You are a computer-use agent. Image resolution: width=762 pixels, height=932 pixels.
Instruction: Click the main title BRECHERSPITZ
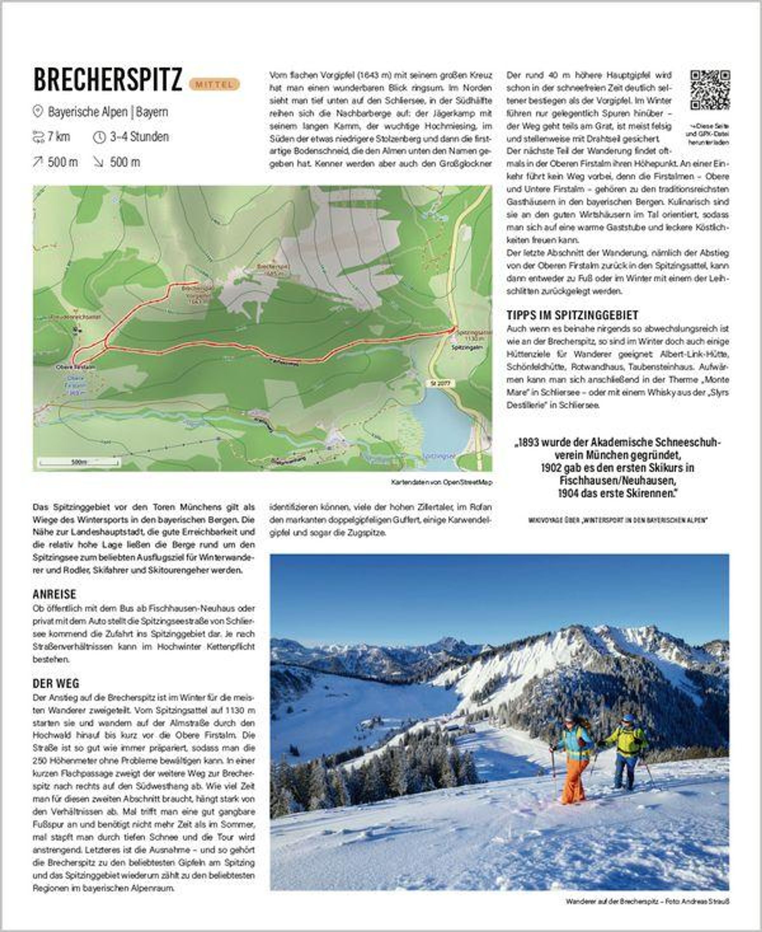pos(108,80)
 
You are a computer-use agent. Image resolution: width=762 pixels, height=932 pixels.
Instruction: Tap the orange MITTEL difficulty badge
pos(214,84)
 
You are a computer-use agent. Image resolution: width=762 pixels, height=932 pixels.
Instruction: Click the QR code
pos(709,90)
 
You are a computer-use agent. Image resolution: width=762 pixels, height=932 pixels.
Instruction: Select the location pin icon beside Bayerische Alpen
pos(38,111)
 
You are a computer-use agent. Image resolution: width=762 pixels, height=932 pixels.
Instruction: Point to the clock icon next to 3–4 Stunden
pos(99,137)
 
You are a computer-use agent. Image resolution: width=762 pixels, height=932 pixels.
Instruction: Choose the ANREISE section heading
pos(54,594)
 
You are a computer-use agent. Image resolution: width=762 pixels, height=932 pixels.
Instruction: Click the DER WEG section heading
pos(56,683)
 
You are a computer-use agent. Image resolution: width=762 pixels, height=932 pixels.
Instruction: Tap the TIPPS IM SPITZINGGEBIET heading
pos(572,315)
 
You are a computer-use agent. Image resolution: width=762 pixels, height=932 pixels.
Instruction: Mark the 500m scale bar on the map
pos(79,462)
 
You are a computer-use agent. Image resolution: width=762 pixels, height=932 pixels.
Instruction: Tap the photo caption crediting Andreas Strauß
pos(647,901)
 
